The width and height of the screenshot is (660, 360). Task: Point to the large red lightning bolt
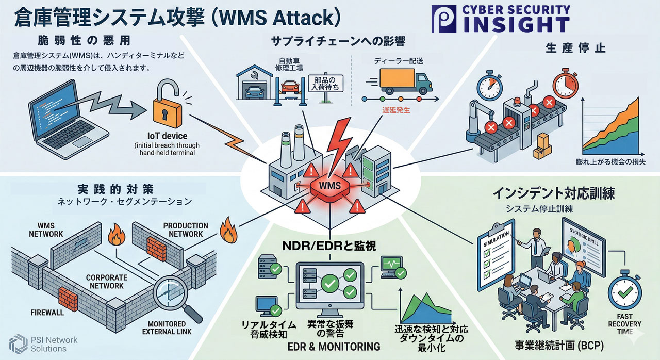[x=338, y=144]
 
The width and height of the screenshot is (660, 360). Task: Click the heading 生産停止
[x=575, y=48]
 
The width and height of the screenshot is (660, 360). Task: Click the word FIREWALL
[x=47, y=313]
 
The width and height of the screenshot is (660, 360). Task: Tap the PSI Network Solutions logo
[x=39, y=344]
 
